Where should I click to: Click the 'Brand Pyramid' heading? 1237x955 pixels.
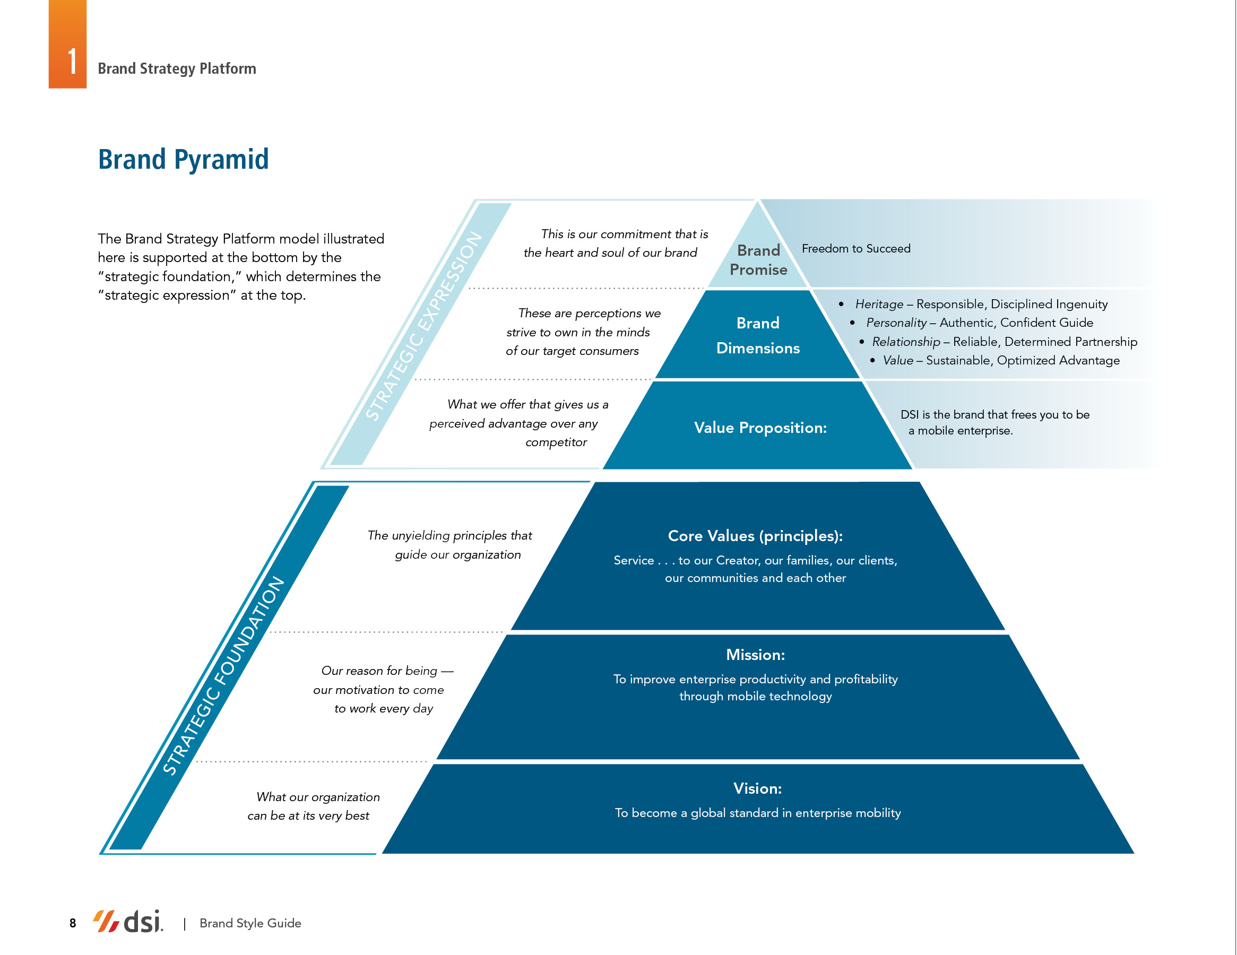(183, 159)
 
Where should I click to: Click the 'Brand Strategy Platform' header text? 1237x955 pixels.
(177, 68)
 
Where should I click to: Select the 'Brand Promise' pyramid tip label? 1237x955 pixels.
(758, 260)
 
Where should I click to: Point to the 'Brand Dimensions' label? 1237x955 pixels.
(758, 335)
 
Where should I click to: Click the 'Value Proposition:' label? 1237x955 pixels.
(760, 428)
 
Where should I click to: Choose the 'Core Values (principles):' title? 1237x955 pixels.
(755, 536)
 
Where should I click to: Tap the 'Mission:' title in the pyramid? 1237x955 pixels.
(755, 655)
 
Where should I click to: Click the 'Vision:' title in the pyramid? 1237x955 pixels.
(757, 788)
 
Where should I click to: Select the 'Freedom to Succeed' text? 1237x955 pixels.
(856, 249)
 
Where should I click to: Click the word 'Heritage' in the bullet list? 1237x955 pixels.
(879, 304)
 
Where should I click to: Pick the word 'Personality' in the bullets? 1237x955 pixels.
(896, 323)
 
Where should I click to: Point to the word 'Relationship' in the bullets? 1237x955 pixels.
(906, 342)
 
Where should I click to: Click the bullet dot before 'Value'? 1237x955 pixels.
(872, 360)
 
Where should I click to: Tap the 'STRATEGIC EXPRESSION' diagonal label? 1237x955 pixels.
(423, 326)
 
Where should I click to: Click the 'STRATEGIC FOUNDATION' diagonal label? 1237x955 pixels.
(223, 675)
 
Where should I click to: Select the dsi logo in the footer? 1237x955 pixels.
(128, 921)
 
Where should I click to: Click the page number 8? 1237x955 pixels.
(73, 923)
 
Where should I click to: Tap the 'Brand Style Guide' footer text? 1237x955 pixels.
(250, 923)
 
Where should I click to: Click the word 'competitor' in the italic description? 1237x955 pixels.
(556, 442)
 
